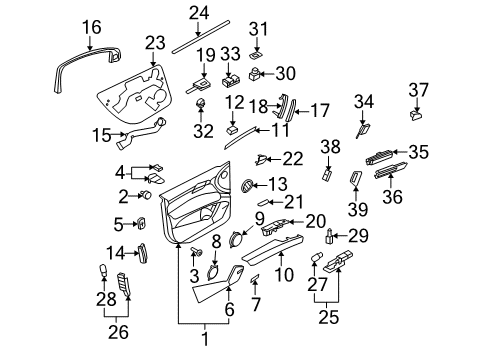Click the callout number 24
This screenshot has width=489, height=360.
click(199, 13)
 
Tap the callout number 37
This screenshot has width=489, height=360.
click(418, 90)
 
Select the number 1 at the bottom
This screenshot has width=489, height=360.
click(205, 339)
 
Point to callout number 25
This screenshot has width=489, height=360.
click(328, 317)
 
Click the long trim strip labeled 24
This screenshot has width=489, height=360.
click(201, 37)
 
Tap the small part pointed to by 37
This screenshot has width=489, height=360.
click(416, 116)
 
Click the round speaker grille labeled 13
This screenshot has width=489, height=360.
click(247, 185)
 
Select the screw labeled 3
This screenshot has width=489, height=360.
click(195, 251)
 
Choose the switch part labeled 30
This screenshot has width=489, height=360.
click(255, 74)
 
